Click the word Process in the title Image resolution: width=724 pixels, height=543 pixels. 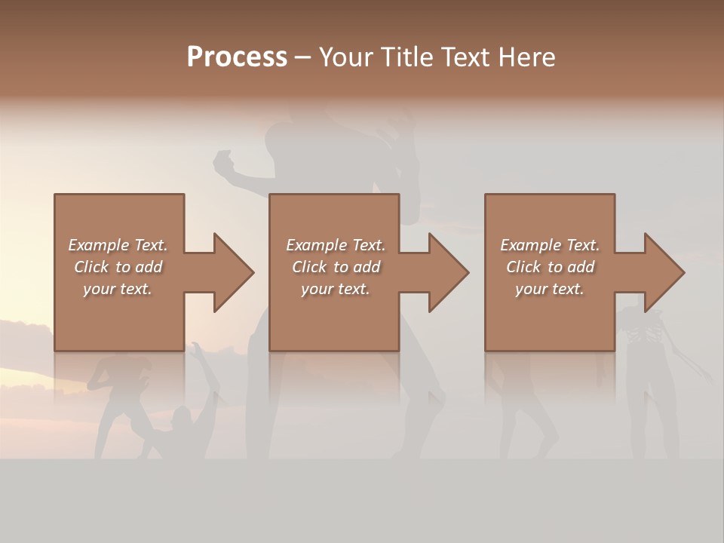coord(237,57)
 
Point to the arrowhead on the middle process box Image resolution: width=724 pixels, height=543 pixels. coord(448,272)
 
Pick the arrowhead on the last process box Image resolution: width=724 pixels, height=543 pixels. coord(664,272)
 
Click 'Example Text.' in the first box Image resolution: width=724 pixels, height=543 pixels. coord(118,245)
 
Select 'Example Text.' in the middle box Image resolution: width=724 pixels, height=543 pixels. coord(336,245)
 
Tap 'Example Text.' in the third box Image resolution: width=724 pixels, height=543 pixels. coord(550,245)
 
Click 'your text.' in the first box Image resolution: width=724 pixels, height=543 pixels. coord(118,289)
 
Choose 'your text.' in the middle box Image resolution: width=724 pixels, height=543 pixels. coord(336,289)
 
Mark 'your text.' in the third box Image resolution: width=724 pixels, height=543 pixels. coord(550,289)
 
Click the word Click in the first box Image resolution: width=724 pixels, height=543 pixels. coord(90,267)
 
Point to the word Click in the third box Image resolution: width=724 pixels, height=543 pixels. coord(523,267)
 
